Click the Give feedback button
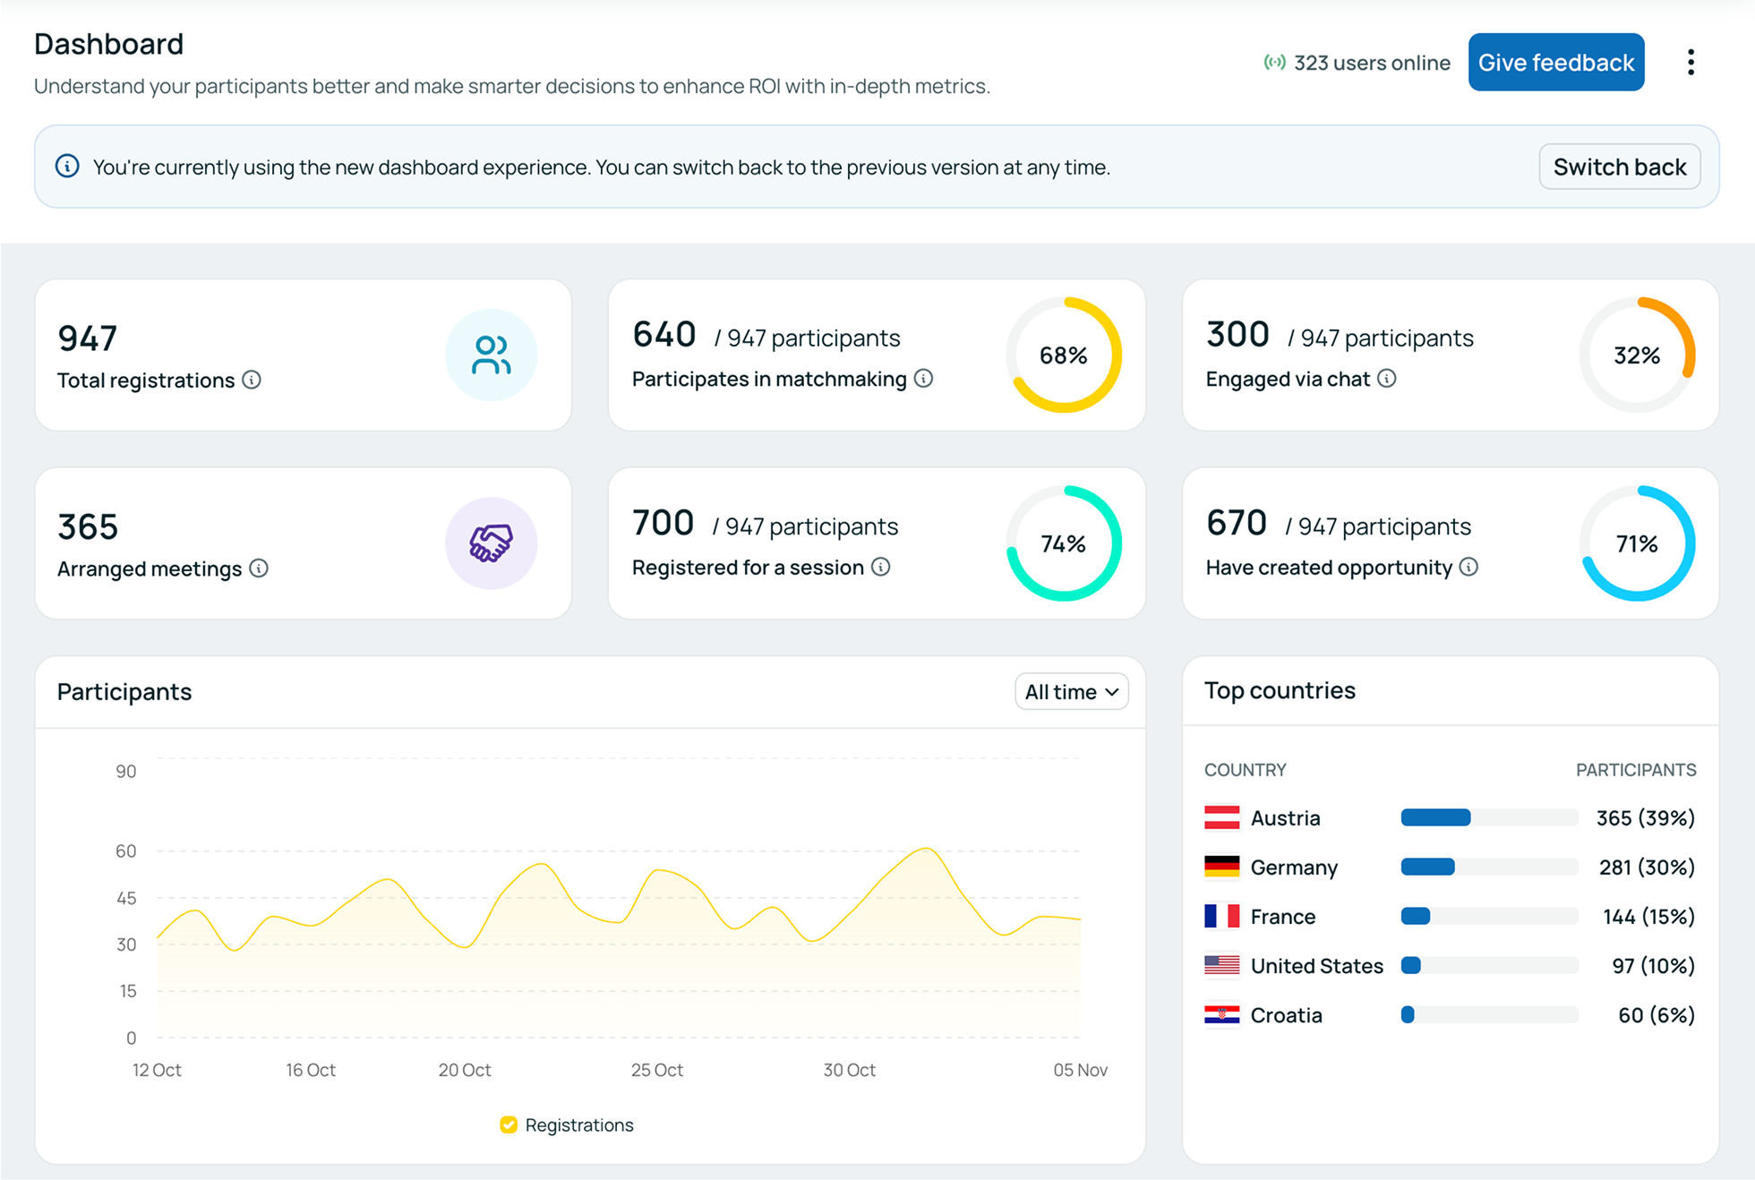click(x=1555, y=63)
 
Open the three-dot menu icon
click(x=1691, y=63)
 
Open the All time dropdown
click(x=1071, y=692)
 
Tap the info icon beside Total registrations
click(x=252, y=381)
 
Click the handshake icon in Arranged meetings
click(x=491, y=543)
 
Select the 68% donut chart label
click(x=1063, y=355)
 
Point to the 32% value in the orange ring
click(x=1637, y=355)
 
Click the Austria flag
click(x=1221, y=817)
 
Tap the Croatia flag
click(x=1221, y=1014)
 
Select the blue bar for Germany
click(x=1427, y=867)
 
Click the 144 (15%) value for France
click(x=1648, y=917)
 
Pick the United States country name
click(x=1316, y=966)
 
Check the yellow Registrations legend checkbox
click(x=509, y=1124)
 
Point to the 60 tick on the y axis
click(x=126, y=851)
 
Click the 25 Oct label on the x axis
click(x=656, y=1070)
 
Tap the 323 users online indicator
click(x=1357, y=63)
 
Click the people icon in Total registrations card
click(x=491, y=355)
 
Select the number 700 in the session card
click(x=663, y=523)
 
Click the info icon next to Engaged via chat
click(x=1386, y=379)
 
